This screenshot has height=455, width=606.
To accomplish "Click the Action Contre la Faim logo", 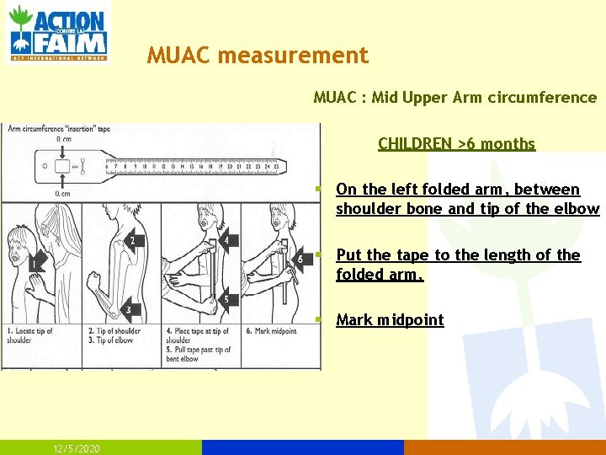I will coord(58,33).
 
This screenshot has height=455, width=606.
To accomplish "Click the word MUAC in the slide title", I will coord(178,56).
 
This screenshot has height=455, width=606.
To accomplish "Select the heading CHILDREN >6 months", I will coord(456,143).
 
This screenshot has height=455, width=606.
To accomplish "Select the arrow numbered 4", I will coord(224,242).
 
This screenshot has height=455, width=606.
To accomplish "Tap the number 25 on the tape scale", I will coord(276,166).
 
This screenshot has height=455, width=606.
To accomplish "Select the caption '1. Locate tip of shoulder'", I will coord(31,335).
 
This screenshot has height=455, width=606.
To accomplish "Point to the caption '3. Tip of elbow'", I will coord(113,340).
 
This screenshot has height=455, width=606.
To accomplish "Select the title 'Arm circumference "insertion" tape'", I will coord(59,129).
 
